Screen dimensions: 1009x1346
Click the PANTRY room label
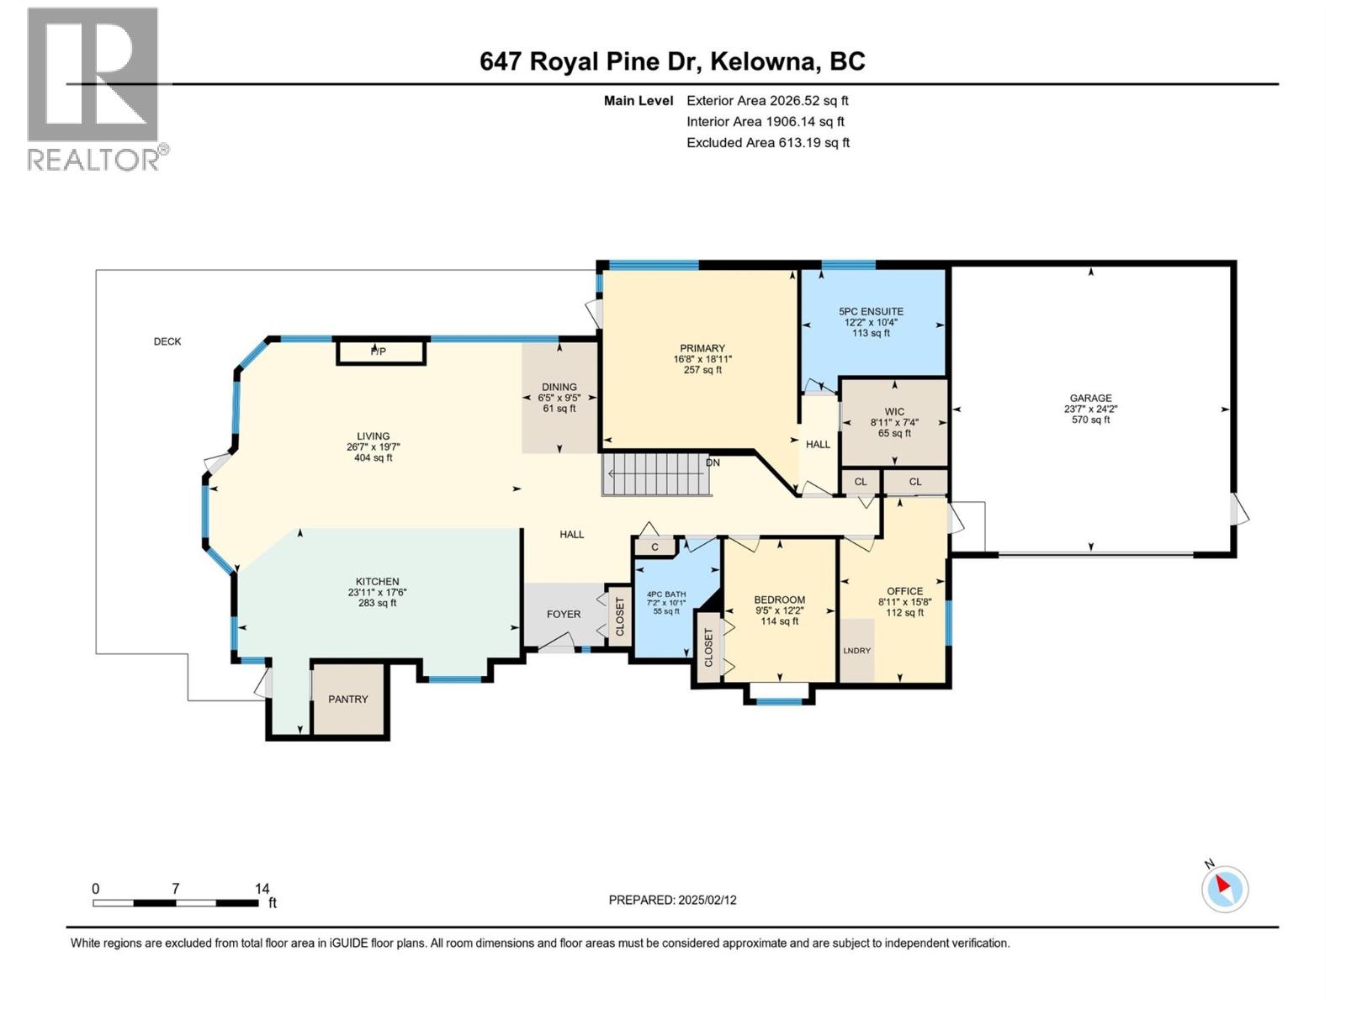coord(347,699)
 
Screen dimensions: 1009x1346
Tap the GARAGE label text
coord(1090,399)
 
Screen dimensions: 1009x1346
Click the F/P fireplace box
coord(380,351)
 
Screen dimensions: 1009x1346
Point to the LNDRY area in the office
coord(857,650)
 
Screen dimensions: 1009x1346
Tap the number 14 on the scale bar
coord(262,889)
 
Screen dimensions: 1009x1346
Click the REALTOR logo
coord(93,88)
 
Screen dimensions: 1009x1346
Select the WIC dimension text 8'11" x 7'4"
coord(894,423)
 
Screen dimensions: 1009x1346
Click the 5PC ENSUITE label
coord(871,311)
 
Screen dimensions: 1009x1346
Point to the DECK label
coord(167,341)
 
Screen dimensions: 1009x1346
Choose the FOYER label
coord(564,614)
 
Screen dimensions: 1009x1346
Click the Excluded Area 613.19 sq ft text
coord(767,143)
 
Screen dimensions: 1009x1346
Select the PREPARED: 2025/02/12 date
coord(672,900)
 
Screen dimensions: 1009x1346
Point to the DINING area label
coord(559,388)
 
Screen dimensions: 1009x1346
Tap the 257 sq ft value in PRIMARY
coord(702,370)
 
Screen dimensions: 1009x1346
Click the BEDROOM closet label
coord(708,648)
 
